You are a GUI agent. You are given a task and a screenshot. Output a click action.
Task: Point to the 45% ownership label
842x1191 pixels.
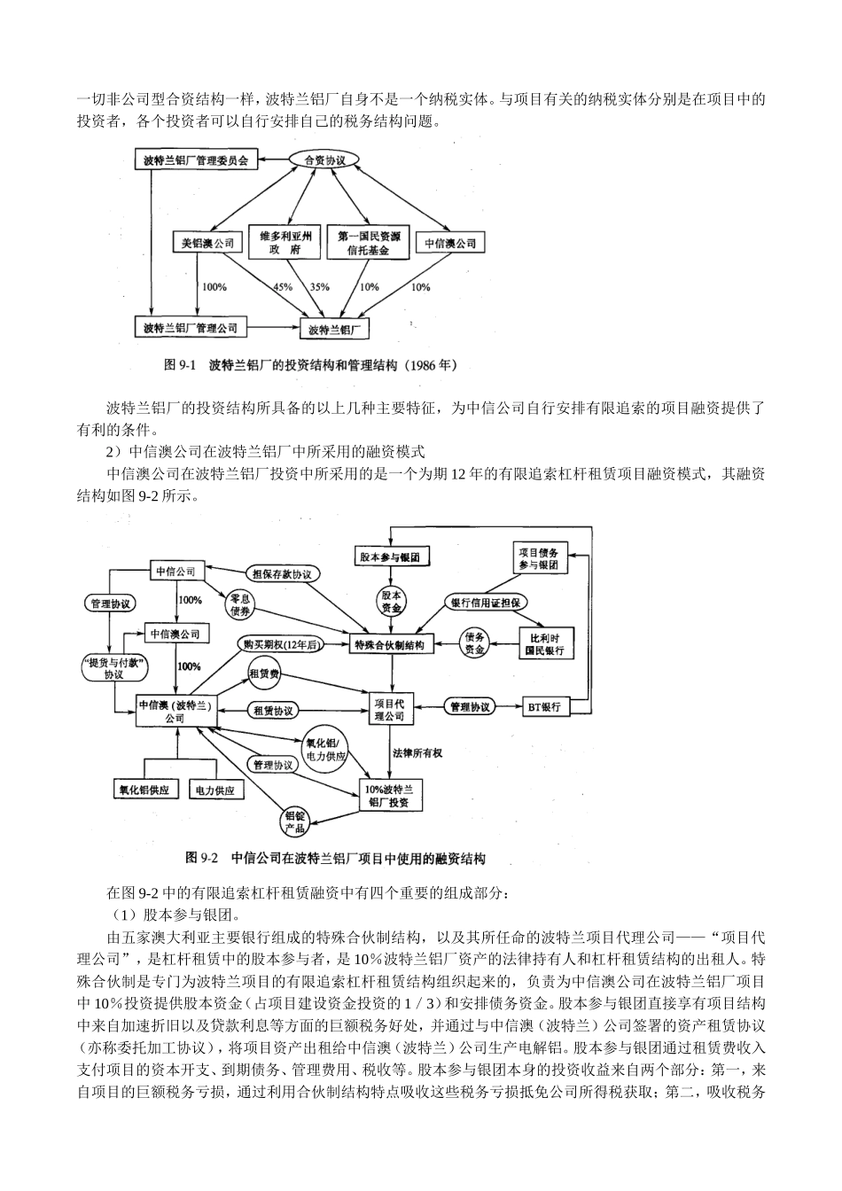click(x=283, y=287)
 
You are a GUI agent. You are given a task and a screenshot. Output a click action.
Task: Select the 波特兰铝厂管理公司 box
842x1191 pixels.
click(x=191, y=328)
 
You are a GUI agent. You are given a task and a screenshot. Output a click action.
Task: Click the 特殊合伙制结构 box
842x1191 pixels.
click(x=389, y=644)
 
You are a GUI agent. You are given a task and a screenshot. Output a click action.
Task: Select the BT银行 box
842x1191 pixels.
click(x=544, y=707)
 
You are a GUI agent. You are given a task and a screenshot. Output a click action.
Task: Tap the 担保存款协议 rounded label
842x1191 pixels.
click(x=282, y=573)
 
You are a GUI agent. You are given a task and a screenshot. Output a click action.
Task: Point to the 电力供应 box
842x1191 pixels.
click(x=214, y=789)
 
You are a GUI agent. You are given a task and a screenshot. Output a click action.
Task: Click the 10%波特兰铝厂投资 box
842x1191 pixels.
click(x=390, y=795)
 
